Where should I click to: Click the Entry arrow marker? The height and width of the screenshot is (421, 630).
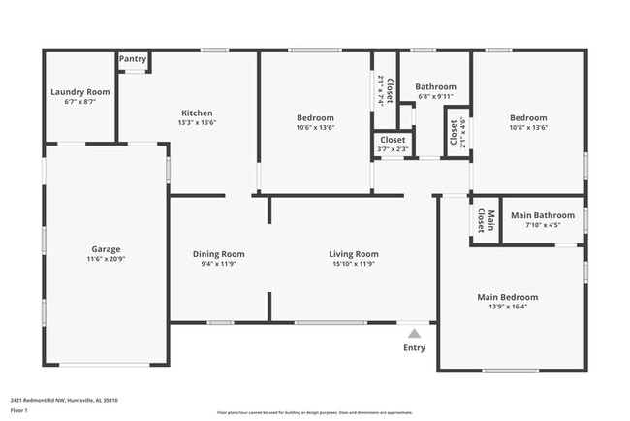click(414, 332)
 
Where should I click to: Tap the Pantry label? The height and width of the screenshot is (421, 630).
click(133, 59)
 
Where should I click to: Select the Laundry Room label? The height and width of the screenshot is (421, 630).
click(80, 92)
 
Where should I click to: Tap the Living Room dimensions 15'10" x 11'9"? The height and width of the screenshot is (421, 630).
click(353, 263)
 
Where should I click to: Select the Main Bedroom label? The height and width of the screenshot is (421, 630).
click(507, 297)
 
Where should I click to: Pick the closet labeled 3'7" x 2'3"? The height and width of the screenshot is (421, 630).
click(393, 149)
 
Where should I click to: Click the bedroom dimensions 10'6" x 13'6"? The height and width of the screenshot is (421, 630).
click(315, 127)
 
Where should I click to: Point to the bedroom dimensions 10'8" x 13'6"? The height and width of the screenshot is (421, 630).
click(528, 127)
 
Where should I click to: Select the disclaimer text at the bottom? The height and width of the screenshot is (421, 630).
click(314, 412)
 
